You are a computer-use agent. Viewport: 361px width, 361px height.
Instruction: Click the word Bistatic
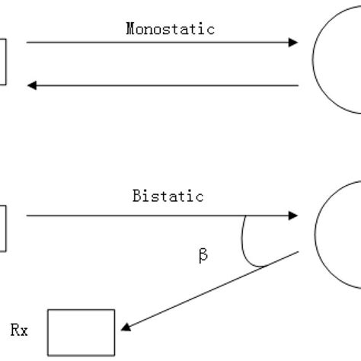(168, 196)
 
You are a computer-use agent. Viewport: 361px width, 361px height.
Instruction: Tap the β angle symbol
(203, 257)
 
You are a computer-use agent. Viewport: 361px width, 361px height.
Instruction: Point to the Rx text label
(26, 331)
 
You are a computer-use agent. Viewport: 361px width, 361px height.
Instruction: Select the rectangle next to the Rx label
(81, 332)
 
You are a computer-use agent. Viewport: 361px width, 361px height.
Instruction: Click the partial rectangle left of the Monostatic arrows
(3, 62)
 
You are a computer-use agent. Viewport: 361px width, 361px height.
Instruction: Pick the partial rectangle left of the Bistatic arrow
(3, 228)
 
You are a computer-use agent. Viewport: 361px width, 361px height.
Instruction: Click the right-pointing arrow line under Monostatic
(160, 43)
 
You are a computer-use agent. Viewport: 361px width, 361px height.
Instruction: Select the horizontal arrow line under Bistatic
(160, 216)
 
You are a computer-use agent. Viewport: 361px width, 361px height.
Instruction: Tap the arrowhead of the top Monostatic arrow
(293, 43)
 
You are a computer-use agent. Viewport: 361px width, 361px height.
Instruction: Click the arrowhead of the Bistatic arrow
(293, 216)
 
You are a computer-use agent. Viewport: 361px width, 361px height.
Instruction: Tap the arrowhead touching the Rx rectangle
(124, 328)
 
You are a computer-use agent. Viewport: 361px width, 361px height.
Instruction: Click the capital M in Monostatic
(129, 29)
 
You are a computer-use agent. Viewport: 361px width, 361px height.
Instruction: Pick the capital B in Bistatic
(136, 196)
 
